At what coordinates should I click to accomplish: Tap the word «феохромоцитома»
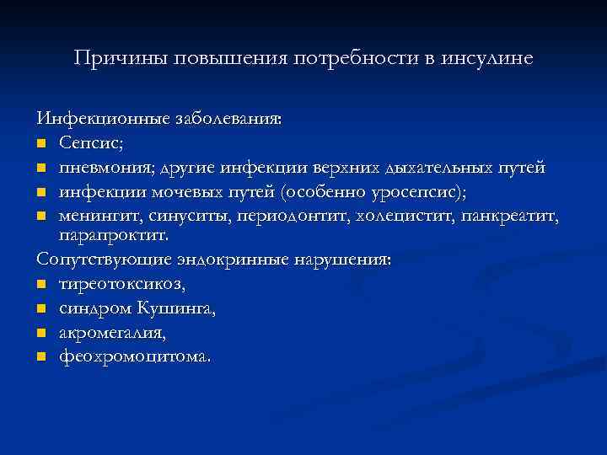point(133,356)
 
